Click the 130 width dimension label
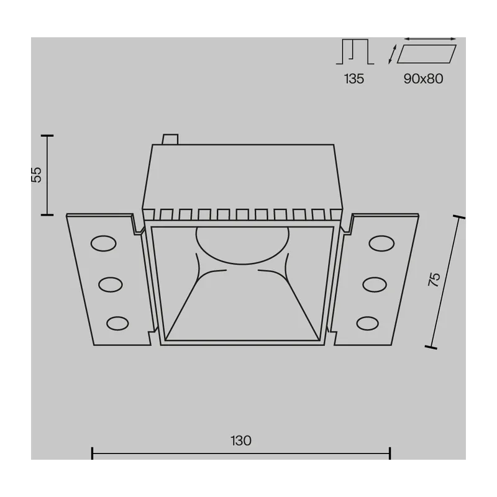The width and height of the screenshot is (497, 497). [241, 440]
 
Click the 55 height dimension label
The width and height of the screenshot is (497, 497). [37, 175]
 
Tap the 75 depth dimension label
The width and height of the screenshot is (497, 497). [434, 280]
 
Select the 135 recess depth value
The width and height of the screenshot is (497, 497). [354, 79]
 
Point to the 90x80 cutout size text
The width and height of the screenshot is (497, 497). [423, 79]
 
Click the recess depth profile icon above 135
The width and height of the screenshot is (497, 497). [355, 52]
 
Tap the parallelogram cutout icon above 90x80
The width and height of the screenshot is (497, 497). [427, 54]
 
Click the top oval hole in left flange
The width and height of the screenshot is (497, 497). [103, 244]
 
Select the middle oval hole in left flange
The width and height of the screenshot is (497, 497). [111, 285]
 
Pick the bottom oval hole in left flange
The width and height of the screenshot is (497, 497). [117, 324]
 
